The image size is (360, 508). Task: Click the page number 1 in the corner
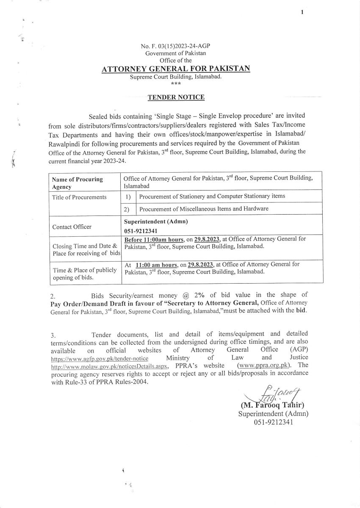point(302,12)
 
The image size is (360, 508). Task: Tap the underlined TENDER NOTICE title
point(176,97)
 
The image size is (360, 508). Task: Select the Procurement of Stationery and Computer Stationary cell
point(212,196)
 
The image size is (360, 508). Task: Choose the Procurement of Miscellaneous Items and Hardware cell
point(204,209)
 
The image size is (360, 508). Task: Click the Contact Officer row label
point(72,227)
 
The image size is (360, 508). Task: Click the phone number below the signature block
point(273,422)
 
